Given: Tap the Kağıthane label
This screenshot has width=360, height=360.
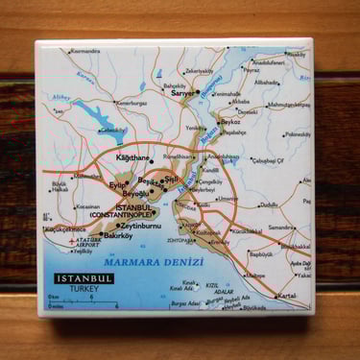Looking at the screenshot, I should pyautogui.click(x=132, y=157).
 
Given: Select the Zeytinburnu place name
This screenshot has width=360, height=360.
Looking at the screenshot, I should pyautogui.click(x=138, y=226).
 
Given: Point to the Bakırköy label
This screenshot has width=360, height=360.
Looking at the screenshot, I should pyautogui.click(x=117, y=235).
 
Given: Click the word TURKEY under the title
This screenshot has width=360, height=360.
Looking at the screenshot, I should pyautogui.click(x=64, y=289).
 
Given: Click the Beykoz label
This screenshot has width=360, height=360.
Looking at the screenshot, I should pyautogui.click(x=229, y=123).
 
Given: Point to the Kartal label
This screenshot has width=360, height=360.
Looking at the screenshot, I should pyautogui.click(x=285, y=296).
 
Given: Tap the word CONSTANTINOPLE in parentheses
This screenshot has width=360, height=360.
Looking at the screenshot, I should pyautogui.click(x=122, y=215).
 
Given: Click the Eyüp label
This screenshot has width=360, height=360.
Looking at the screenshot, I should pyautogui.click(x=116, y=185).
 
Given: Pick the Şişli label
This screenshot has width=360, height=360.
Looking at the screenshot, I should pyautogui.click(x=171, y=180).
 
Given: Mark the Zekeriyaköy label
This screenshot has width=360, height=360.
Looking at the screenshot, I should pyautogui.click(x=199, y=70).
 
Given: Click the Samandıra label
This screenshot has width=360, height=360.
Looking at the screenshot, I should pyautogui.click(x=281, y=228).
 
